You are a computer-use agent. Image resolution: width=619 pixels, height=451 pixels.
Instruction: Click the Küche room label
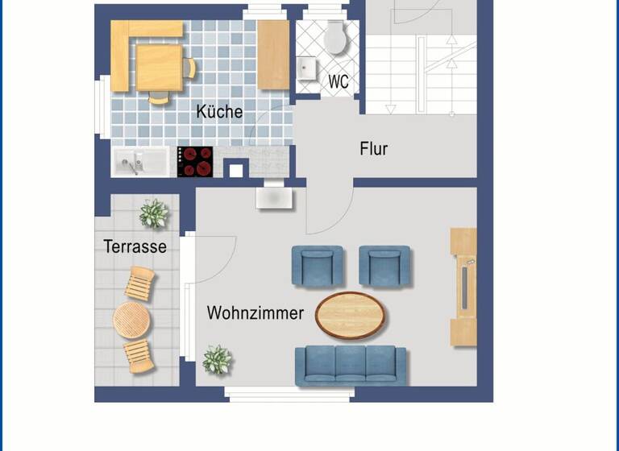(219, 112)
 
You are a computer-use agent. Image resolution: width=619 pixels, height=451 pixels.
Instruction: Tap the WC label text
(339, 82)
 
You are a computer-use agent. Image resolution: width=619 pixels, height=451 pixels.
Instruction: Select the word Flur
(374, 149)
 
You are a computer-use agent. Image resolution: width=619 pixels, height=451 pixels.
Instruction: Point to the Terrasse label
(135, 246)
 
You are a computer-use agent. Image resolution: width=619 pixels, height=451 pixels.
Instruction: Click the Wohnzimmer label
(255, 312)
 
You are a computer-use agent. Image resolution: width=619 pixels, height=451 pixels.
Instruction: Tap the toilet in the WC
(334, 37)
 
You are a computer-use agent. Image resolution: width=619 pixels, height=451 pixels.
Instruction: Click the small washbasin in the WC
(307, 68)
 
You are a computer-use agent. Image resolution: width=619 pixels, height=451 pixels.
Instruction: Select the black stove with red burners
(195, 161)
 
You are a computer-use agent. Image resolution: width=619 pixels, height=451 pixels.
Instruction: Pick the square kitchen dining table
(159, 67)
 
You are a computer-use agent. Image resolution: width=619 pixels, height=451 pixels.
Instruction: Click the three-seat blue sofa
(351, 365)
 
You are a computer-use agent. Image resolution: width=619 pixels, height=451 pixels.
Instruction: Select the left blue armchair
(318, 266)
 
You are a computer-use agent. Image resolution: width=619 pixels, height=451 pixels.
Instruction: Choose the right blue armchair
(384, 266)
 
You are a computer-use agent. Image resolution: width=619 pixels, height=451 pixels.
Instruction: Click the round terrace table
(131, 320)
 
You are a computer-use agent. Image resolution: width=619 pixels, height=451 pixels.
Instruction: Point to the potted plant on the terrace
(153, 213)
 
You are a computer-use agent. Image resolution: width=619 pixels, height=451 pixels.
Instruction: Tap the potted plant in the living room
(217, 359)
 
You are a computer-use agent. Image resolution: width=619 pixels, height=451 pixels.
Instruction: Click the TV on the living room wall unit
(463, 287)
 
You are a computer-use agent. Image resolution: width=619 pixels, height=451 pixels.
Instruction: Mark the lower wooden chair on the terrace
(139, 355)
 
